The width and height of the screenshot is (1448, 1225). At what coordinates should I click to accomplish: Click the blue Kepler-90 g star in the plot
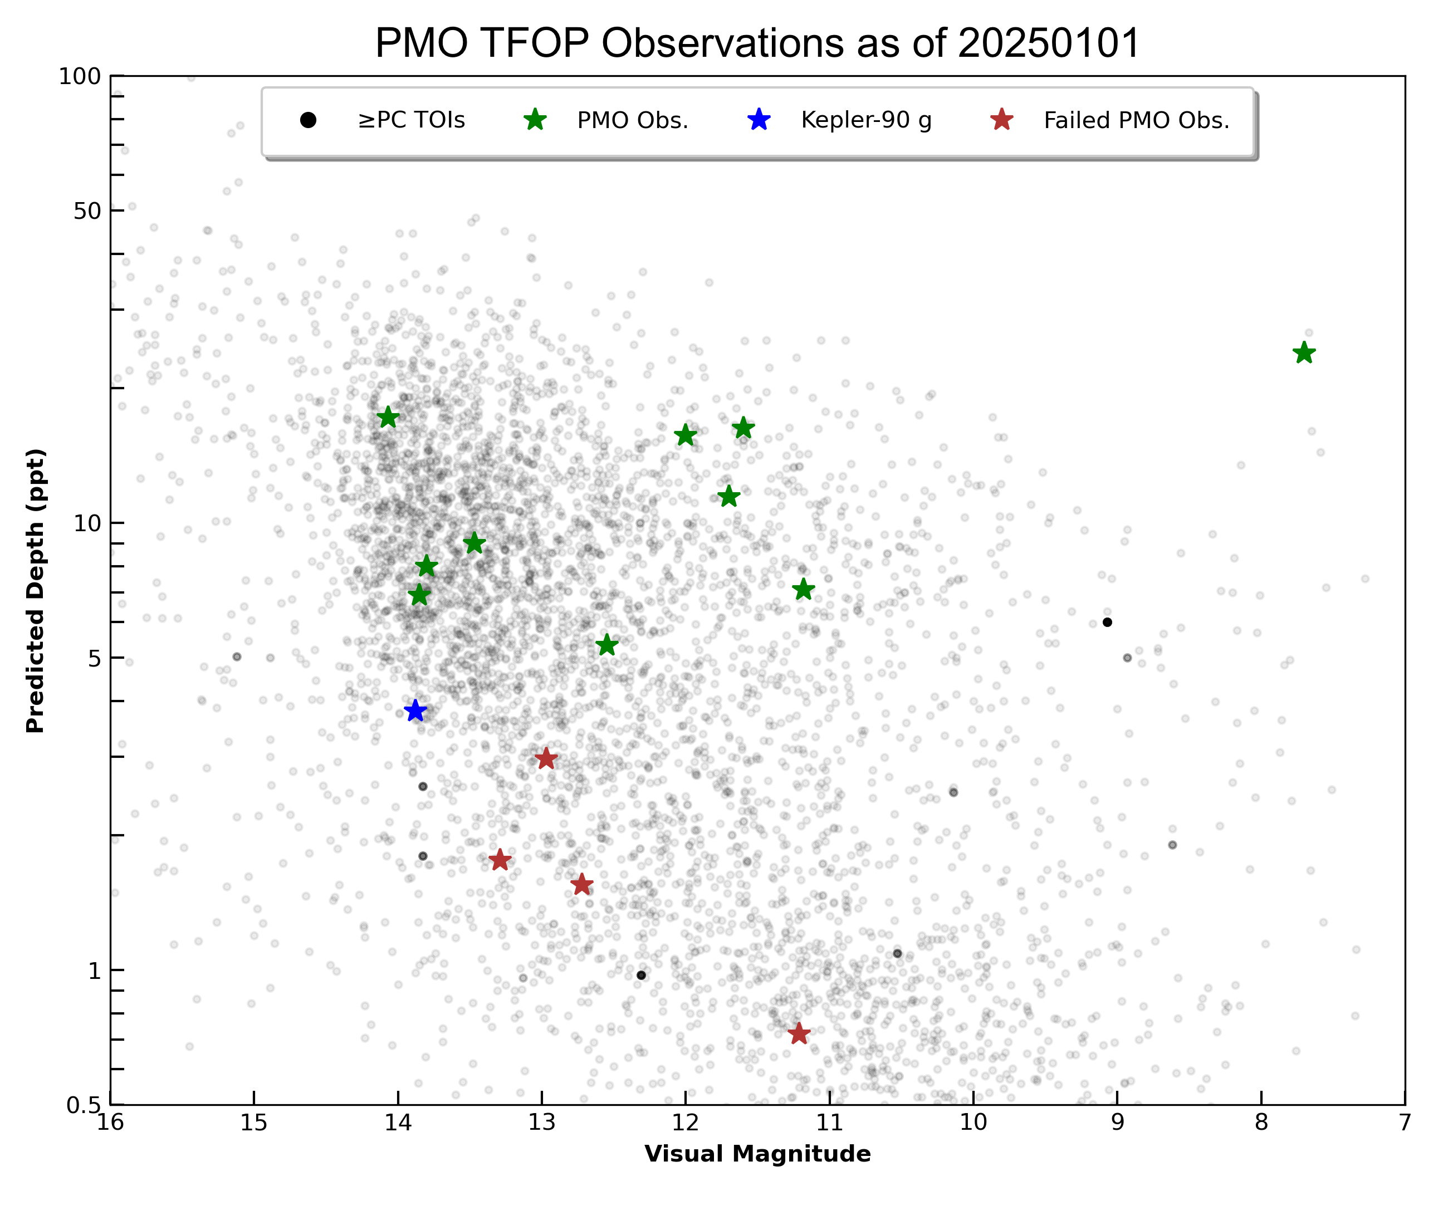click(x=414, y=710)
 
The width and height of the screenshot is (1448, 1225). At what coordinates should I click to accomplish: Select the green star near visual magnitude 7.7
click(x=1304, y=353)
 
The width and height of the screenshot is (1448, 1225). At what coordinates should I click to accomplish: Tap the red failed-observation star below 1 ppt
click(x=799, y=1033)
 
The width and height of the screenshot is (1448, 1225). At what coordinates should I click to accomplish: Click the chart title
click(x=757, y=43)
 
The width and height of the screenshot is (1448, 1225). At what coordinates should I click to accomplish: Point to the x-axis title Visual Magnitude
click(x=757, y=1154)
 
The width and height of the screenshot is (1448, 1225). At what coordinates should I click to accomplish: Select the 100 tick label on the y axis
click(x=80, y=76)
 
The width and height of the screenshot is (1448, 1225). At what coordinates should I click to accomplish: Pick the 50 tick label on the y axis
click(x=87, y=211)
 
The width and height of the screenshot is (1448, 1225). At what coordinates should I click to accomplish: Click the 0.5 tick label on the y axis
click(x=84, y=1105)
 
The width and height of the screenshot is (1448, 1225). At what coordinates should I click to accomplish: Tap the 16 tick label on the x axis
click(x=110, y=1123)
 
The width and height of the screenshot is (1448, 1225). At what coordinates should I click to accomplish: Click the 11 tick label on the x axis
click(x=829, y=1123)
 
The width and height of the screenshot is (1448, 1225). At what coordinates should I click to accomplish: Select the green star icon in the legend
click(x=535, y=120)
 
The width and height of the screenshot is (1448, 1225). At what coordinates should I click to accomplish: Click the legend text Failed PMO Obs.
click(x=1136, y=121)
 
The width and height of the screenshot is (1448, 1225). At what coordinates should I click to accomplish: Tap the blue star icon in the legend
click(x=759, y=120)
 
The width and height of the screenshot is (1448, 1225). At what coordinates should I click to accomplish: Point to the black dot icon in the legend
click(x=309, y=121)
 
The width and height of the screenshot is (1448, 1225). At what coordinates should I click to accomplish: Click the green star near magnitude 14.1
click(x=388, y=418)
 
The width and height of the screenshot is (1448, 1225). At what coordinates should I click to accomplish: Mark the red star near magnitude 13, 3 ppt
click(x=546, y=758)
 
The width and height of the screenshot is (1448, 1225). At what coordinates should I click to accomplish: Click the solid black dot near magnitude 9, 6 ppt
click(x=1107, y=622)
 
